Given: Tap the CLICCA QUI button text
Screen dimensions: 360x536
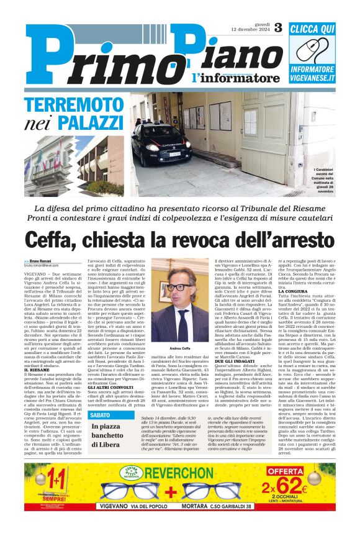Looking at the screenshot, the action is pos(312,29).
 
